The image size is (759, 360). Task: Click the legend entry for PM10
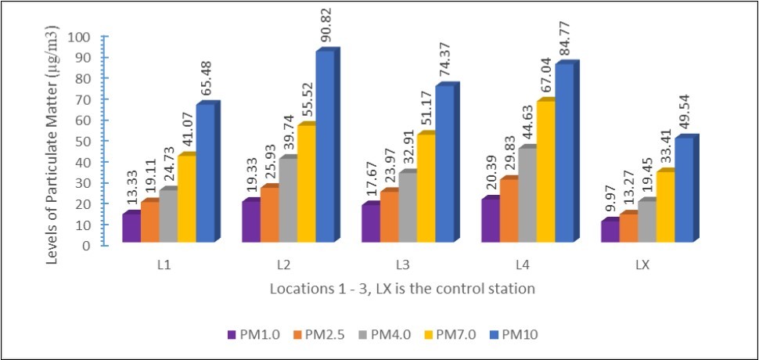(513, 334)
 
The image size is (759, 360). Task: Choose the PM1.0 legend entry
(251, 334)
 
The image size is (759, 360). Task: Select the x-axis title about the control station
(402, 288)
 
